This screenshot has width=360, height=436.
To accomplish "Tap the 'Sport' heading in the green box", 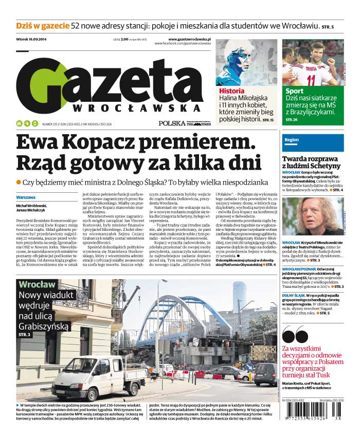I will (294, 91).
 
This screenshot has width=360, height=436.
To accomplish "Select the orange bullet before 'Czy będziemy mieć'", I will (19, 182).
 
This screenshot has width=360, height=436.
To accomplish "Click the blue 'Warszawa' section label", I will (25, 197).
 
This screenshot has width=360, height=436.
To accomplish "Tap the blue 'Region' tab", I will (292, 140).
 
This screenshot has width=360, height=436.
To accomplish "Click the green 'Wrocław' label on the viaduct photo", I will (37, 284).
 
